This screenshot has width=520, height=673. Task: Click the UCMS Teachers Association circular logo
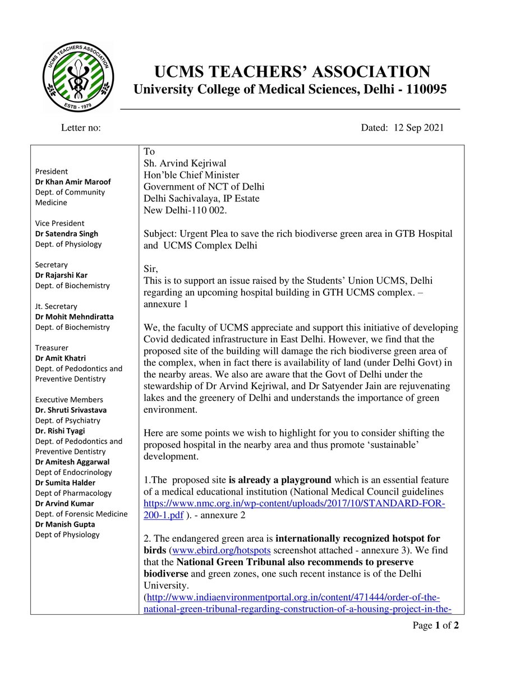79,77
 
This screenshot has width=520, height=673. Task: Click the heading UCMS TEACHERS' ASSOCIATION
292,72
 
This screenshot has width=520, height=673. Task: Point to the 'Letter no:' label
81,128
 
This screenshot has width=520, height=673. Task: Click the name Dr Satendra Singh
66,234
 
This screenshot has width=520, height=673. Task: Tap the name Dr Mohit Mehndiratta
74,317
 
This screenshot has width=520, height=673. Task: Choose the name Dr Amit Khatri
61,358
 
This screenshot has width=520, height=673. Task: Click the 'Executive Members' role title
69,400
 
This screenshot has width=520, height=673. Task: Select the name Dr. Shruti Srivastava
71,410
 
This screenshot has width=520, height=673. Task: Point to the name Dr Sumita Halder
65,483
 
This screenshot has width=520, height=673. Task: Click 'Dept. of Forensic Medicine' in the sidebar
81,514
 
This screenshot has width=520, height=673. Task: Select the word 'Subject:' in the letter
160,234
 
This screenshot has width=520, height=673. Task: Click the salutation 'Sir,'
151,269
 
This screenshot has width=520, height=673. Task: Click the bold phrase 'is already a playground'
280,480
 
